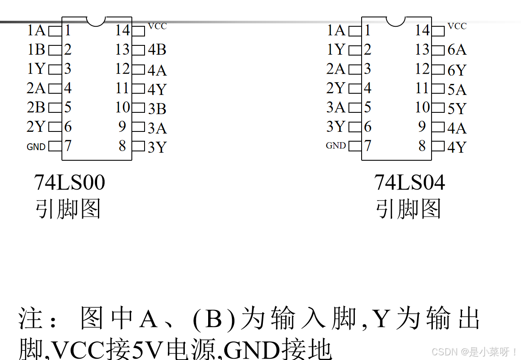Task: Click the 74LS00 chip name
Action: [x=70, y=183]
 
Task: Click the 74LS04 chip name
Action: [x=410, y=183]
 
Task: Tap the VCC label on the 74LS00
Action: [x=157, y=26]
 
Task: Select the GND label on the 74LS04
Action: [x=336, y=146]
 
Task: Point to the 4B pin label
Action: [x=157, y=50]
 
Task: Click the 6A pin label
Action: [x=457, y=50]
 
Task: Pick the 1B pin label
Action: [x=36, y=50]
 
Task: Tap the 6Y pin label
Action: [x=457, y=70]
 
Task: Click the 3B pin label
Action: [x=157, y=109]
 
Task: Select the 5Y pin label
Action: [x=457, y=109]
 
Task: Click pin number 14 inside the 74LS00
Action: [x=123, y=31]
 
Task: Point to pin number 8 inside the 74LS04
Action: [x=422, y=146]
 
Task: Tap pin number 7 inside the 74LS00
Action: [x=68, y=146]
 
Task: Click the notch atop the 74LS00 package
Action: [x=96, y=21]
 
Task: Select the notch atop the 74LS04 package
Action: [x=396, y=21]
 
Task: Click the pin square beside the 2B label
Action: [x=55, y=108]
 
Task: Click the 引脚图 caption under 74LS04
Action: [x=408, y=209]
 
